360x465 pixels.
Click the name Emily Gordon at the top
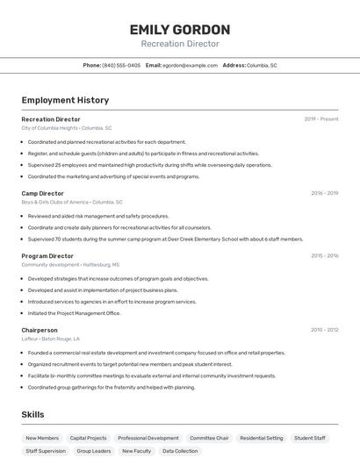[180, 30]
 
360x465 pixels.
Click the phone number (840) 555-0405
[121, 65]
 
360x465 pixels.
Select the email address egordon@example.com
[191, 65]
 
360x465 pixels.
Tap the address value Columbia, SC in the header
[262, 65]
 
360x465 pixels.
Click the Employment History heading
[65, 100]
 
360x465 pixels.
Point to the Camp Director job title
[42, 193]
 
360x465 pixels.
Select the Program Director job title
[47, 256]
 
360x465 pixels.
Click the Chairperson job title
[40, 330]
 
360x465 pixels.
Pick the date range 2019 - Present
[321, 119]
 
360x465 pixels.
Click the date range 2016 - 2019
[324, 193]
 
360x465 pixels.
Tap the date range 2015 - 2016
[324, 256]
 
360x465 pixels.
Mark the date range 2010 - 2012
[324, 330]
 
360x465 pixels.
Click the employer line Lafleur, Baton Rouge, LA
[50, 339]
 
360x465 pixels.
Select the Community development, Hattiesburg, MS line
[70, 265]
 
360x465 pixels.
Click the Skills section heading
[33, 414]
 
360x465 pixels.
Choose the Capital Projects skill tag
[88, 438]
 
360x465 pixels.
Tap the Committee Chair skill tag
[209, 438]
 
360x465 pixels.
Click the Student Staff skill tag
[310, 438]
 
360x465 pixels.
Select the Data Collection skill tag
[180, 451]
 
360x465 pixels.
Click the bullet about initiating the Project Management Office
[74, 313]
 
